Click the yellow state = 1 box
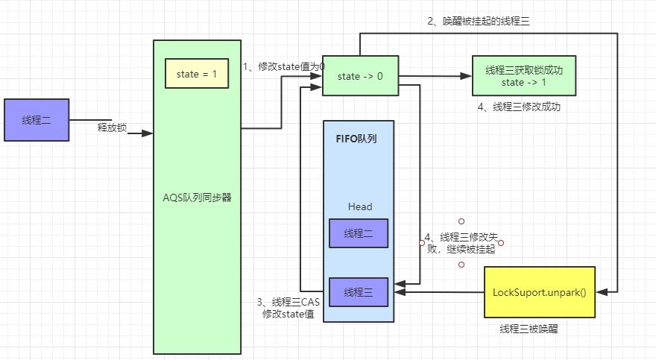[197, 74]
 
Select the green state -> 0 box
[359, 77]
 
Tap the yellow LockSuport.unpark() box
[540, 291]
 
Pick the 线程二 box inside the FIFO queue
[359, 233]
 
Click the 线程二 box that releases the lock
[37, 120]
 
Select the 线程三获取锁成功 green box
[524, 76]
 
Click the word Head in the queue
[359, 206]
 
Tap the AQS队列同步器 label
[197, 198]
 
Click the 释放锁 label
[113, 127]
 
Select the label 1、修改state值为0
[283, 66]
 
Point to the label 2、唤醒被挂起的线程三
[479, 21]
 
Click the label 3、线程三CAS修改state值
[288, 308]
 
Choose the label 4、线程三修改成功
[519, 107]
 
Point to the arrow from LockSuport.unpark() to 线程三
[440, 292]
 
